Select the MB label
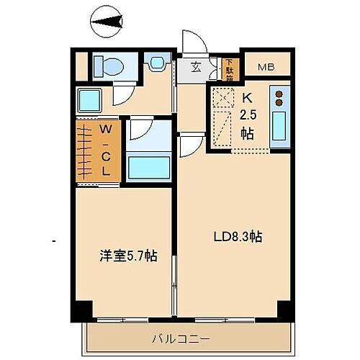click(x=266, y=68)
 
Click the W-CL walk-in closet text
click(x=105, y=151)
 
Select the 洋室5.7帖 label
click(x=129, y=256)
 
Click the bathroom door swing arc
click(x=140, y=130)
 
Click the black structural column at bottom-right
click(x=284, y=309)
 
